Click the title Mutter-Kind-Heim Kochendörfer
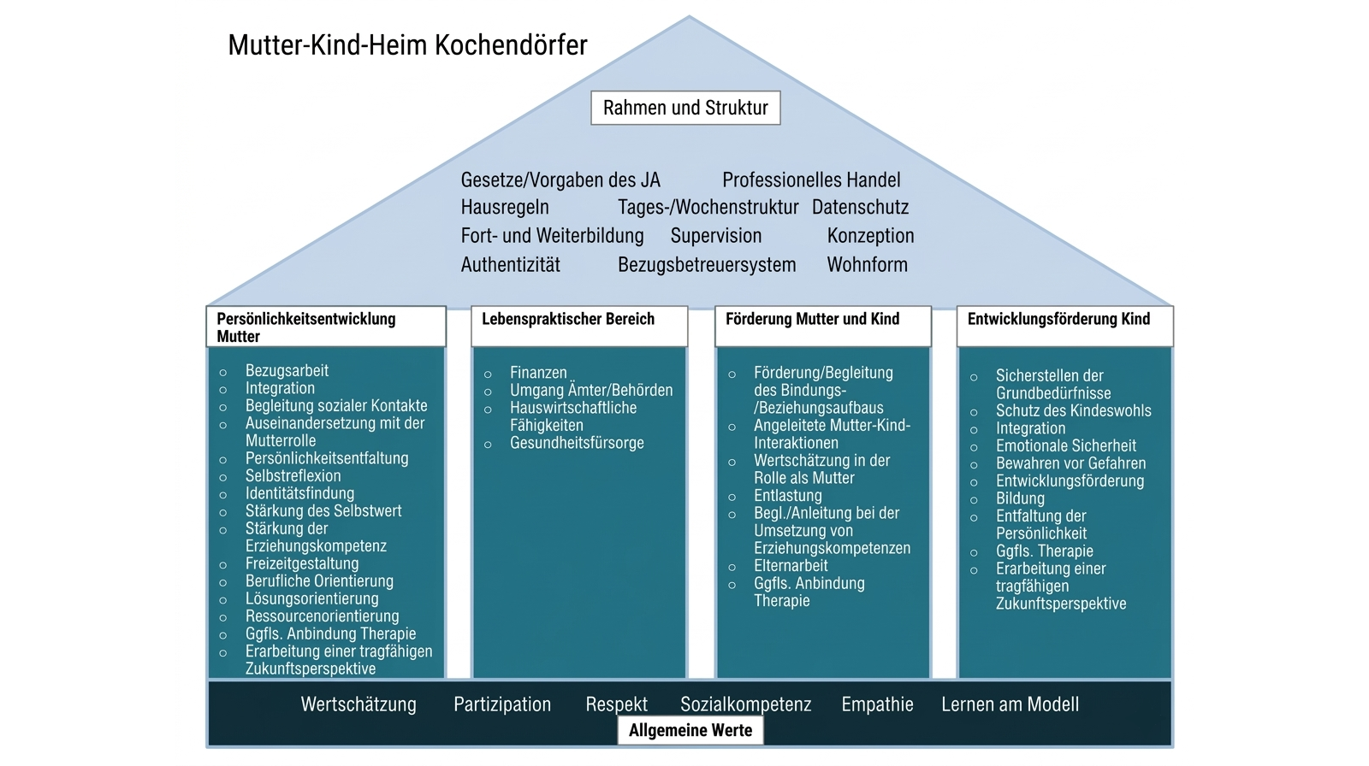[x=407, y=44]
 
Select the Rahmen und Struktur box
[x=685, y=108]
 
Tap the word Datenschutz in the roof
[x=860, y=207]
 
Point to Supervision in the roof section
[x=715, y=235]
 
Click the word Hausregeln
[x=505, y=207]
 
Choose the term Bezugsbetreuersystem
[x=707, y=264]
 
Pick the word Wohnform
[x=867, y=264]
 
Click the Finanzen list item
[x=538, y=373]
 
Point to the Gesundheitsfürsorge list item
[x=577, y=443]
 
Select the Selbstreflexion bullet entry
[x=293, y=476]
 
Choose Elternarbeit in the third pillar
[x=791, y=566]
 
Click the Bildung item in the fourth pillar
[x=1020, y=498]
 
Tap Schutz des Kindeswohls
[x=1073, y=410]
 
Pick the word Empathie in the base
[x=877, y=704]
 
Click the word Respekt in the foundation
[x=616, y=704]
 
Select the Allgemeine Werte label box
[x=690, y=730]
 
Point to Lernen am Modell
[x=1010, y=704]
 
